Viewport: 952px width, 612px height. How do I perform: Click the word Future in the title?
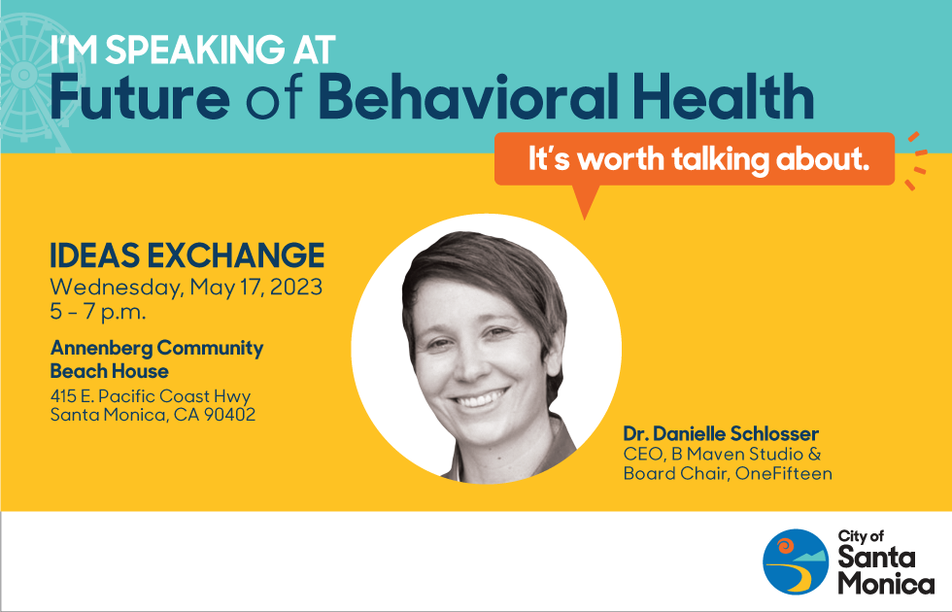[x=140, y=96]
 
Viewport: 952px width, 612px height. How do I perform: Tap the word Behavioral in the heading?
[x=462, y=96]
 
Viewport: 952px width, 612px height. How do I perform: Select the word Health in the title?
[x=723, y=96]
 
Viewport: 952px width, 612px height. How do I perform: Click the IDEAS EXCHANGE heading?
[x=187, y=255]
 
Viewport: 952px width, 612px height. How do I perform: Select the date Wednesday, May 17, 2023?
[x=186, y=288]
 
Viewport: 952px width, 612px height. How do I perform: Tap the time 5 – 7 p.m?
[x=98, y=312]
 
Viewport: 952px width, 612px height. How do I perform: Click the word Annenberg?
[x=101, y=349]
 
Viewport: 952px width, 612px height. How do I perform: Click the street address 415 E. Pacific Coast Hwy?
[x=150, y=396]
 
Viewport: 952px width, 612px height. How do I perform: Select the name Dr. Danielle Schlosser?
[x=721, y=434]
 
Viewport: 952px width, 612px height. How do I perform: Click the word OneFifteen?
[x=783, y=474]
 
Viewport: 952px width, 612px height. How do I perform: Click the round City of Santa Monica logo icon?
[x=796, y=562]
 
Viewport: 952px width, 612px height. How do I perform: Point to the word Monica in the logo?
[x=886, y=584]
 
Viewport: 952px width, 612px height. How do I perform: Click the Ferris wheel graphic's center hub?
[x=23, y=75]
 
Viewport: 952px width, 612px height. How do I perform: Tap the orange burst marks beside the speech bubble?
[x=917, y=160]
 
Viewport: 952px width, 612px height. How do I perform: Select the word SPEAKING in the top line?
[x=193, y=50]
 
